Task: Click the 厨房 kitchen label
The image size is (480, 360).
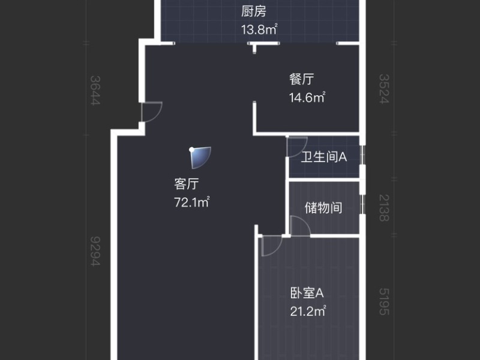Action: [254, 11]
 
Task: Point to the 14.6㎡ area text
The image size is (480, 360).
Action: [307, 97]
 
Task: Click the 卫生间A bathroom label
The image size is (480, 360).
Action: [325, 157]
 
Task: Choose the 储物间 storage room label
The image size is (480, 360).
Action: [323, 208]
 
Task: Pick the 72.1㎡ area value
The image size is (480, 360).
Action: [191, 202]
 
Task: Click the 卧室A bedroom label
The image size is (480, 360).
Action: [307, 293]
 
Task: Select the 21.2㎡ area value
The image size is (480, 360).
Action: [308, 311]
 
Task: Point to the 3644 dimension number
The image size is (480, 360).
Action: [95, 90]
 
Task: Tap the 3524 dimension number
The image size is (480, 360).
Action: [384, 89]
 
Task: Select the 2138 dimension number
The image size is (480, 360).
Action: [384, 207]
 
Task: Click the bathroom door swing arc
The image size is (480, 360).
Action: [296, 146]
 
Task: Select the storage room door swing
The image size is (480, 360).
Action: [299, 226]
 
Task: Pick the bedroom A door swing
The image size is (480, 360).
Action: [272, 246]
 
